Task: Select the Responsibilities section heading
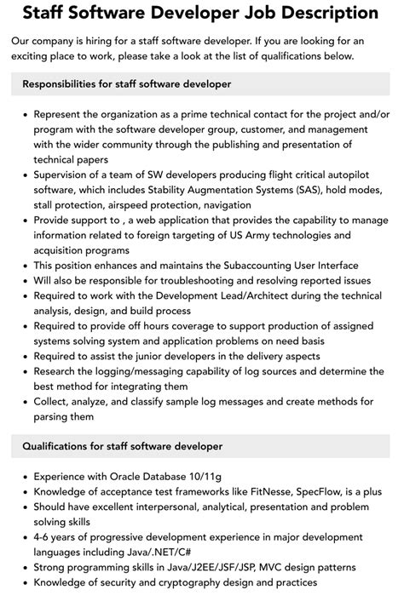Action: point(126,84)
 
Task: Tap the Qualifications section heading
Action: point(122,446)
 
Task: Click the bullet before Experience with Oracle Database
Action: point(25,477)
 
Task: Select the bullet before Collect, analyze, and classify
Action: point(25,402)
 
